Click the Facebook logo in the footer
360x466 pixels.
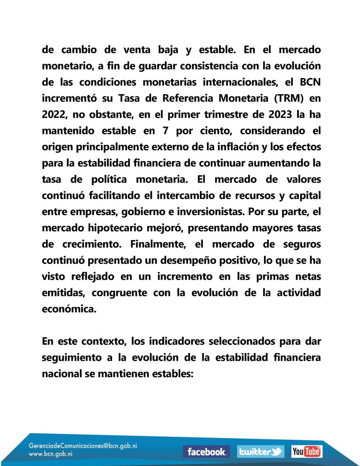tap(206, 452)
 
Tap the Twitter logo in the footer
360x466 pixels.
tap(261, 452)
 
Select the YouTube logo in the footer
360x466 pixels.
tap(307, 452)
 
